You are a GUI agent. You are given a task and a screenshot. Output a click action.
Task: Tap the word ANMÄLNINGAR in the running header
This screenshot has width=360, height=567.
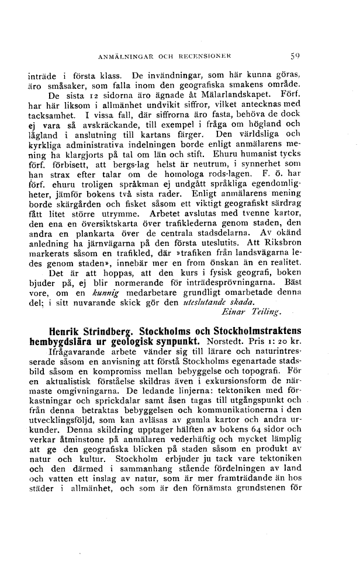click(x=122, y=57)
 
